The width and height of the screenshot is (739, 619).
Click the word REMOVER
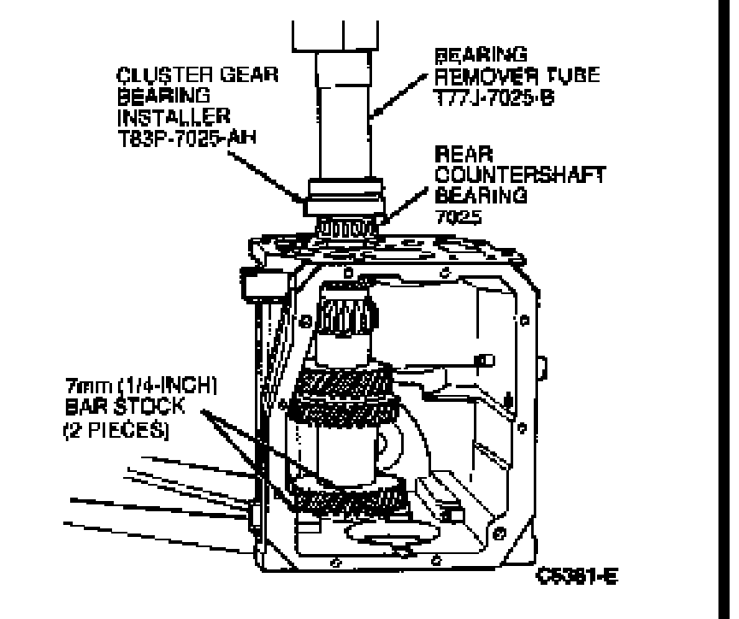click(x=474, y=74)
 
